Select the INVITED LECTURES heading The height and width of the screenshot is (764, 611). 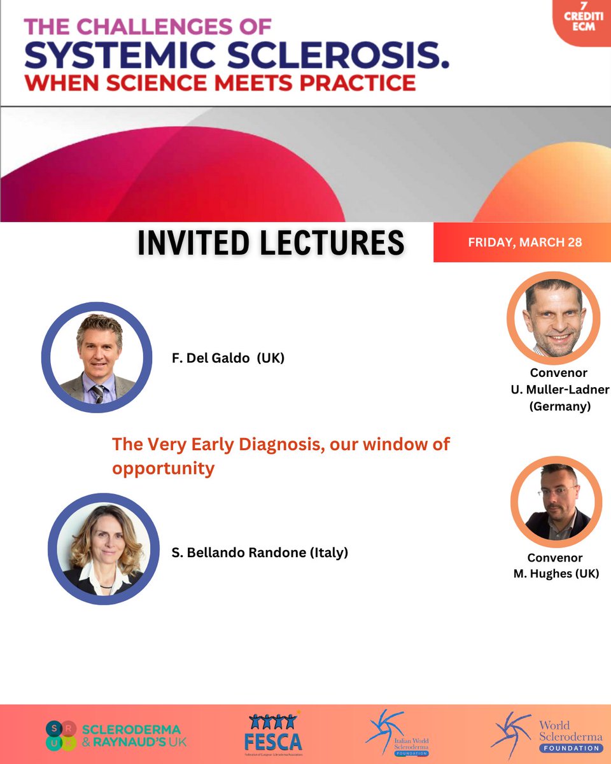[271, 243]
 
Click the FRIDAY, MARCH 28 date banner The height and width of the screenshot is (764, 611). [525, 243]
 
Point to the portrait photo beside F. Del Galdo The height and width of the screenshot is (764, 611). [97, 358]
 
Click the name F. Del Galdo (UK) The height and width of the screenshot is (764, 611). [228, 358]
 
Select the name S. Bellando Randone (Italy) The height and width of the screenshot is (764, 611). [260, 552]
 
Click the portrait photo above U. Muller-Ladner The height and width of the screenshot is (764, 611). [553, 318]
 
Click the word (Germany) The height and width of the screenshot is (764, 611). [559, 406]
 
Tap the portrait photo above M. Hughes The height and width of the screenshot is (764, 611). [556, 503]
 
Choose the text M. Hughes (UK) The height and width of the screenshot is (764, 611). [556, 574]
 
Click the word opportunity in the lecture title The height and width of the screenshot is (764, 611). [163, 469]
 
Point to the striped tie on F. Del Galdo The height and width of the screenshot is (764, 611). [98, 392]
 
